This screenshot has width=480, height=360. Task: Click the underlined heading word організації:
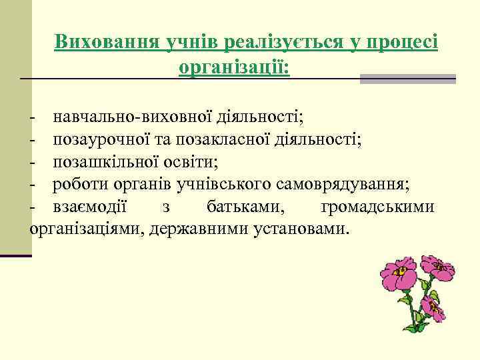point(234,67)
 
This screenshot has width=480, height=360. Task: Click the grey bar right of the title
point(407,79)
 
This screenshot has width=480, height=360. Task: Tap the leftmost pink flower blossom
point(398,275)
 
